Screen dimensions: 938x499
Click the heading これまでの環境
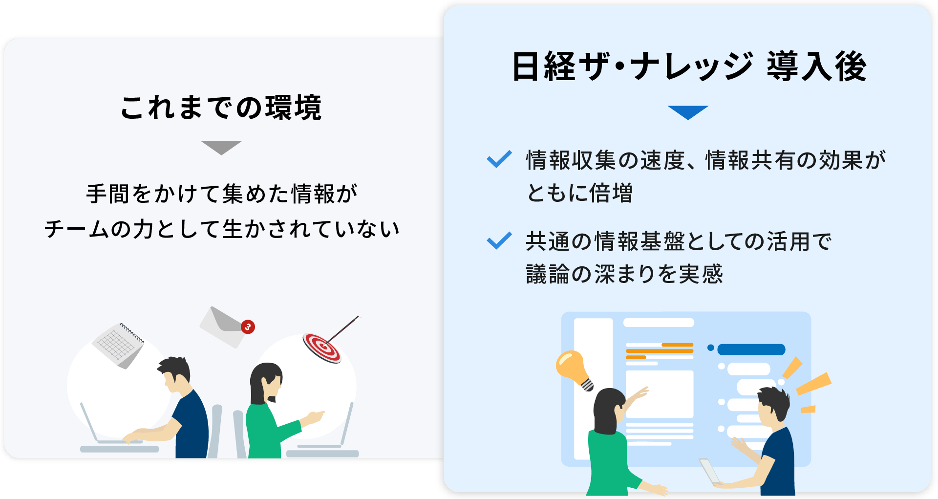(221, 108)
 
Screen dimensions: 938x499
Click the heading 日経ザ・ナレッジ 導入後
(689, 67)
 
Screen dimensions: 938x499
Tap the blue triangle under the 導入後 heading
(688, 112)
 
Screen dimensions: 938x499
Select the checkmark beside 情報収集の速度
(499, 159)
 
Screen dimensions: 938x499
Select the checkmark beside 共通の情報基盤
(499, 240)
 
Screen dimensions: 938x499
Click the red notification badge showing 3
(248, 327)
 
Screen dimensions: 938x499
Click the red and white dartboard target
(321, 347)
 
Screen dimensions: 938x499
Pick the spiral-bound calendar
(119, 345)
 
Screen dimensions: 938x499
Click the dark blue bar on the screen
(751, 349)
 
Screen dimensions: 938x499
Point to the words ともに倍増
(579, 193)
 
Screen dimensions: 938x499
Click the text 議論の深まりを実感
(624, 274)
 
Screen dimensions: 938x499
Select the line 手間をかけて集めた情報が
(222, 194)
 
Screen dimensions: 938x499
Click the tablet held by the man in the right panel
(709, 471)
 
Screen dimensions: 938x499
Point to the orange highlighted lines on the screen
(660, 351)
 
